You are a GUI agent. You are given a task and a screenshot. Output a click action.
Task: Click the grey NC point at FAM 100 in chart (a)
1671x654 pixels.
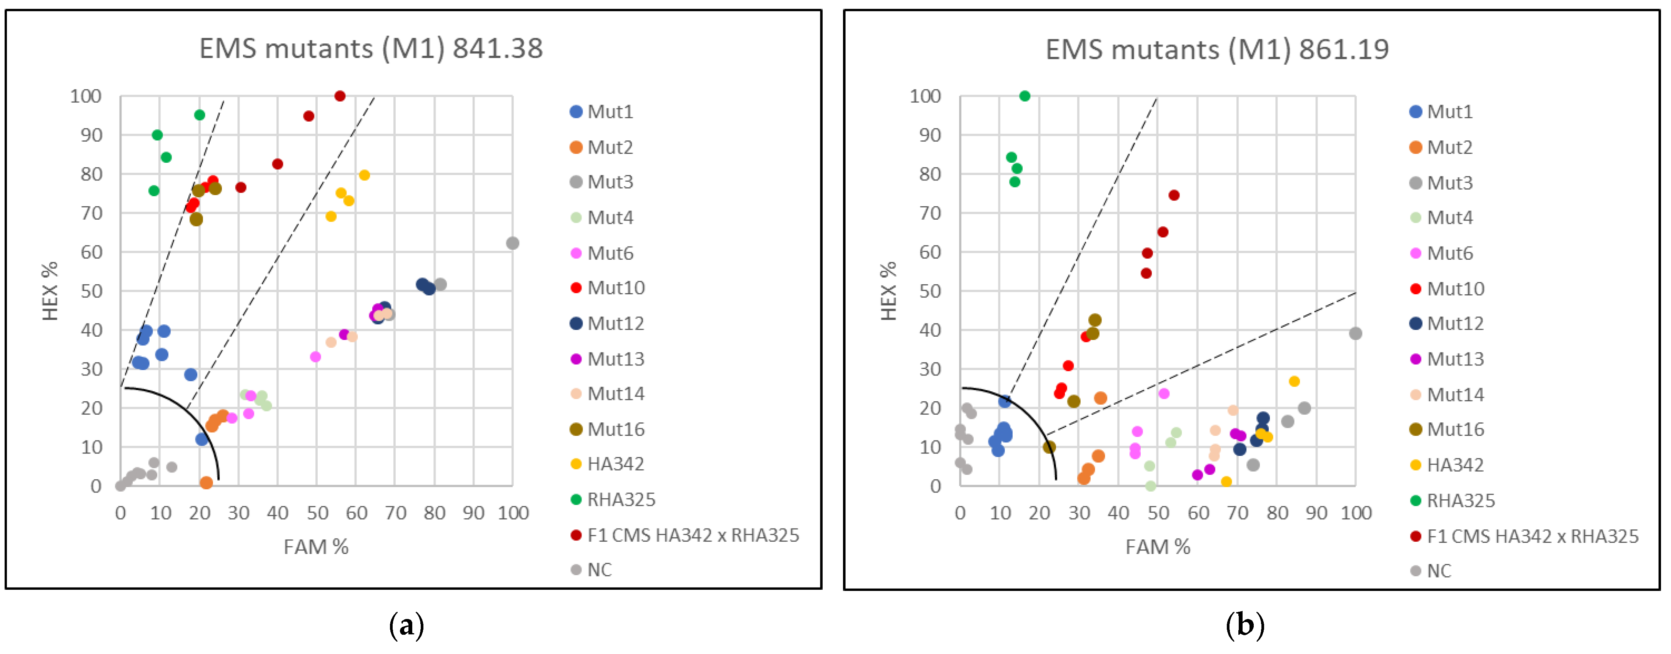click(513, 243)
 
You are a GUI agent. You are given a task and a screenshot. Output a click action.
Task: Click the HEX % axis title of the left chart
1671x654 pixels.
click(50, 291)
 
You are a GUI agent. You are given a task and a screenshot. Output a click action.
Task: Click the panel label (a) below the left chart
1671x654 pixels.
click(406, 626)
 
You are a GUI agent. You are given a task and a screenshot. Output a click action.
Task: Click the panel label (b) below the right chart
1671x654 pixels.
click(1244, 626)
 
